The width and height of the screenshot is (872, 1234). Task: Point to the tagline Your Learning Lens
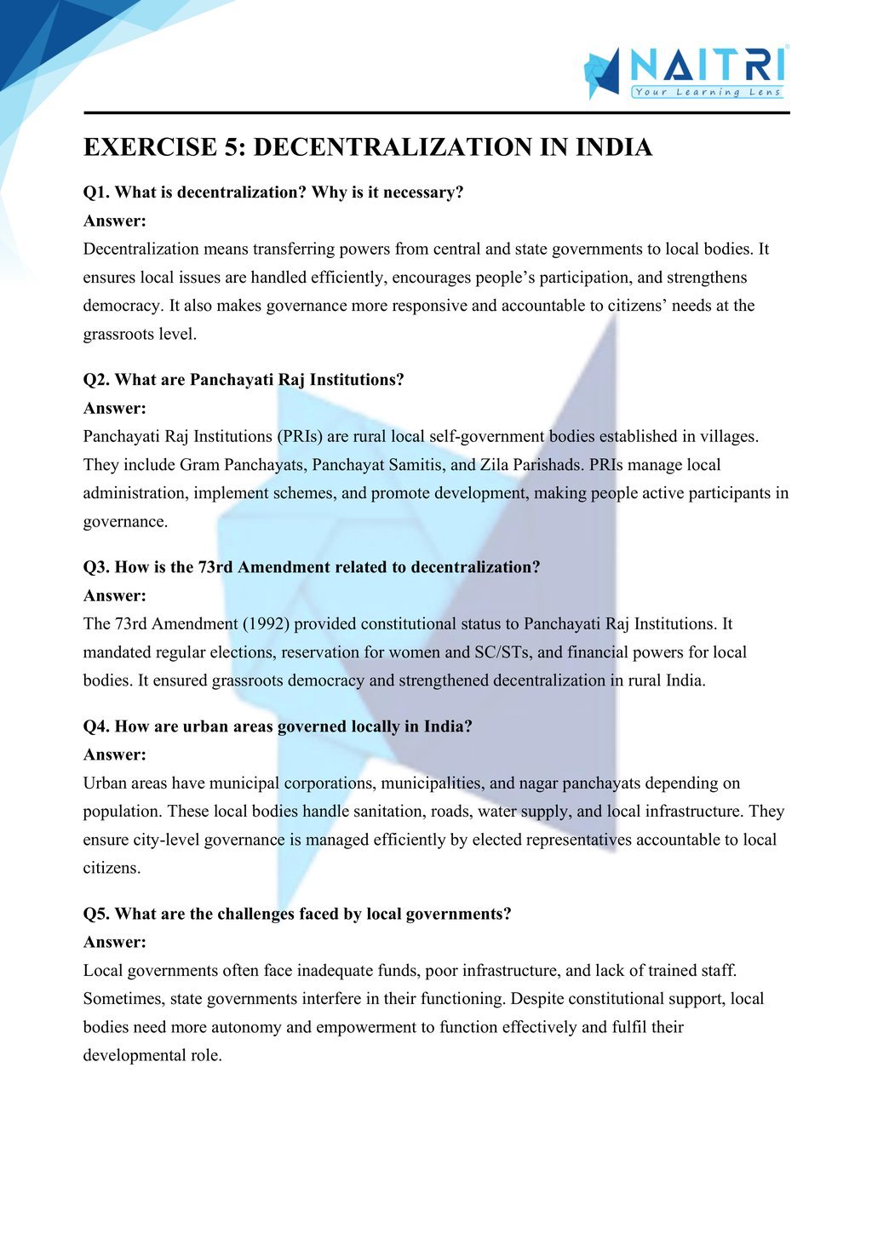point(708,92)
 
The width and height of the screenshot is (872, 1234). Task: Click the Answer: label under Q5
point(115,942)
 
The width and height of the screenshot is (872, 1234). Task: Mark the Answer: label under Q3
point(115,595)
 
